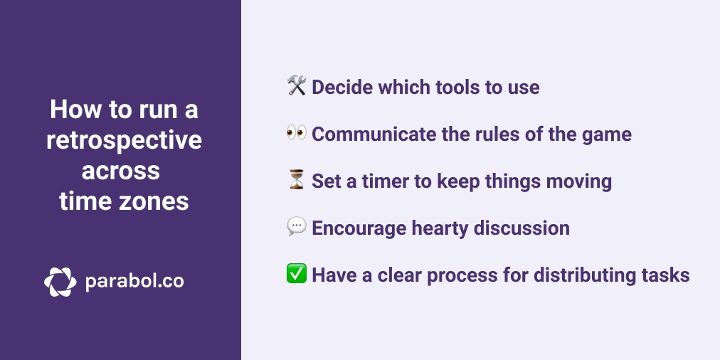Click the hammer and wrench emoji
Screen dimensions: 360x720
click(x=297, y=87)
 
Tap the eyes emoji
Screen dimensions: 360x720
click(x=297, y=134)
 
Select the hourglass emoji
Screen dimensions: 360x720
click(x=297, y=181)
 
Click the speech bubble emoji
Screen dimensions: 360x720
click(x=297, y=228)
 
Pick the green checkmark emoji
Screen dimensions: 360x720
click(x=297, y=275)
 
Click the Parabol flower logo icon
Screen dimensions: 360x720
click(x=60, y=282)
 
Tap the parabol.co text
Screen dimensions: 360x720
click(x=134, y=282)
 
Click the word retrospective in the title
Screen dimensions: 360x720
click(x=124, y=141)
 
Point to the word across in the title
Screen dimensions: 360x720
click(x=120, y=171)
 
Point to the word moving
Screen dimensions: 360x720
click(x=578, y=181)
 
